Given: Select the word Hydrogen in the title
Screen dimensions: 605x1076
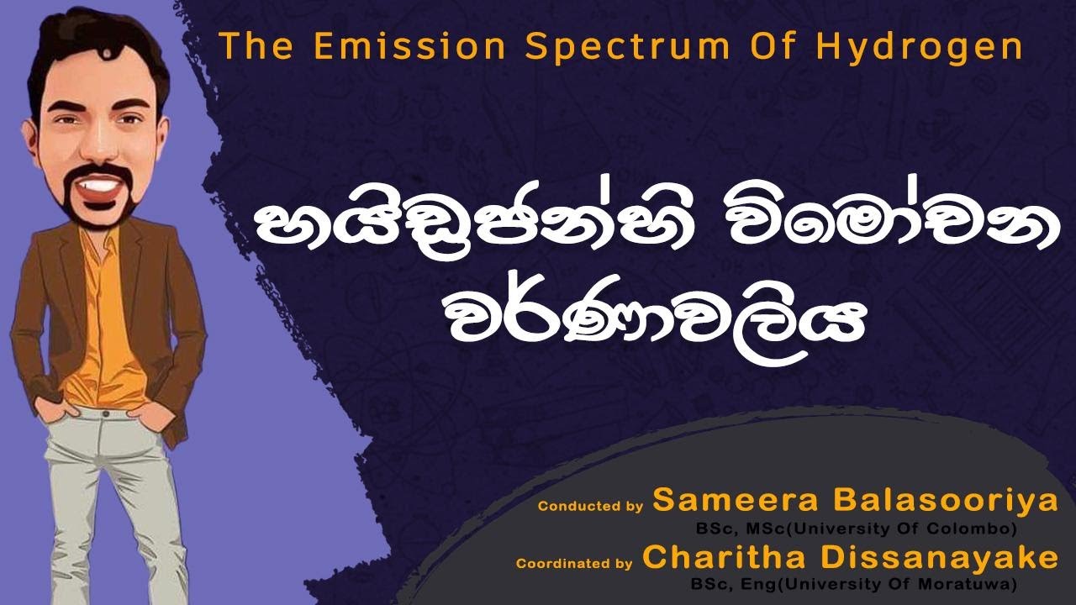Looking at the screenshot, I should point(920,48).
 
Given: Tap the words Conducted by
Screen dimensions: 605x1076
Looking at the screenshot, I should point(590,507).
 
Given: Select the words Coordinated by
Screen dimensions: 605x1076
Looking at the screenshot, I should point(574,564).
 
